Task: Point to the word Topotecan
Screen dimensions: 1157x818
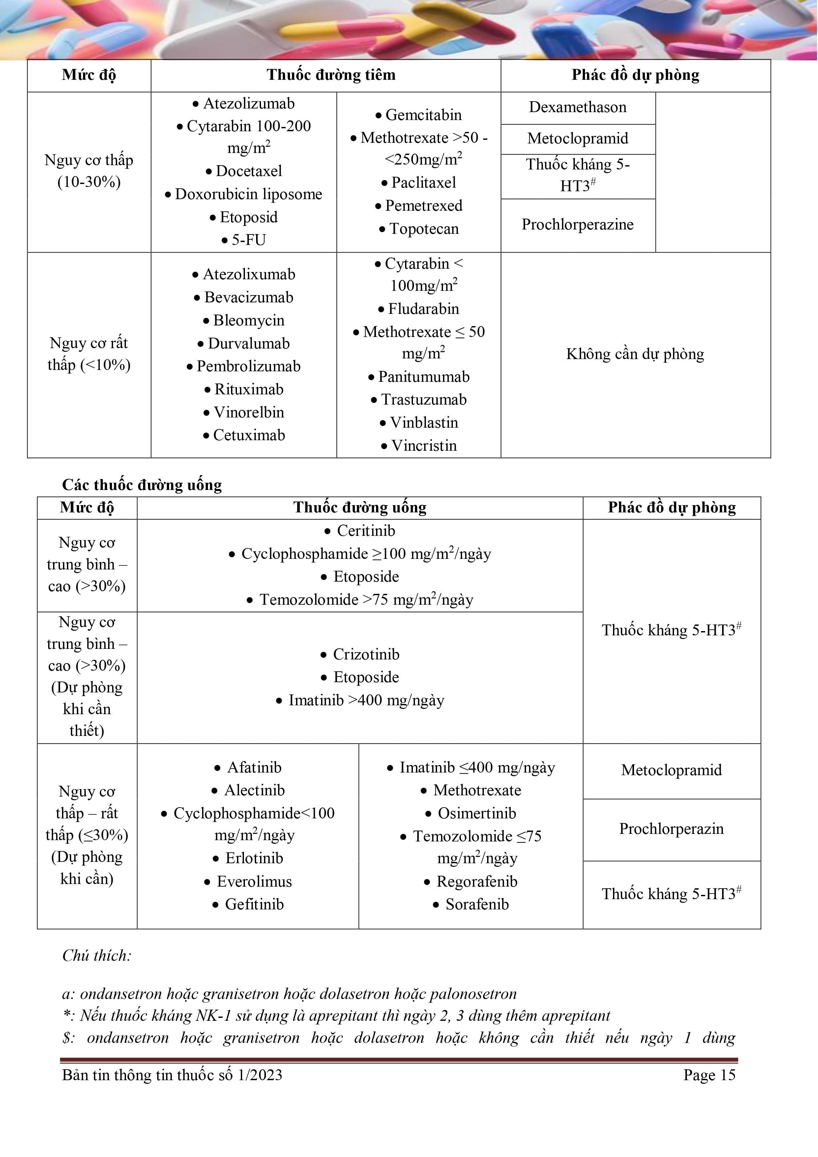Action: pos(424,229)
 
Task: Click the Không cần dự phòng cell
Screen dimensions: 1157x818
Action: pos(635,354)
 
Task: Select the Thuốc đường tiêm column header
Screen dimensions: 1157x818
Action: pos(331,75)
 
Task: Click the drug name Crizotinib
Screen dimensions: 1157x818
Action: pos(366,655)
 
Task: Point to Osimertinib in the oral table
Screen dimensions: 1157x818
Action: pos(477,813)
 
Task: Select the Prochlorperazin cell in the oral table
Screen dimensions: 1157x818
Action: pos(671,829)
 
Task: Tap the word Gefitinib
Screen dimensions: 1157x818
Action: pos(254,904)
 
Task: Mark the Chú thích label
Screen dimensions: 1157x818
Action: pos(97,956)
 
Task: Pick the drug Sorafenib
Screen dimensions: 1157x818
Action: pos(477,904)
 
